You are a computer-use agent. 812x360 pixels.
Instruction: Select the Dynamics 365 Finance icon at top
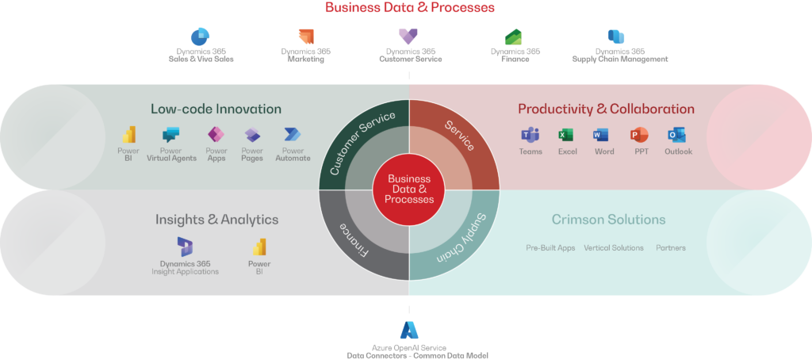[513, 36]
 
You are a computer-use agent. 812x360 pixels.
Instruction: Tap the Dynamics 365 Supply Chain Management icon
[616, 36]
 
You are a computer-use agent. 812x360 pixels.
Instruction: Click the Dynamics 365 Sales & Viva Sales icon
[199, 36]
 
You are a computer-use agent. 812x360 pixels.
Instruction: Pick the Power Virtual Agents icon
[171, 135]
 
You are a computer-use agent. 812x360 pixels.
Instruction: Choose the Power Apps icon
[216, 135]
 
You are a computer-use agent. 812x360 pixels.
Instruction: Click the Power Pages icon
[252, 135]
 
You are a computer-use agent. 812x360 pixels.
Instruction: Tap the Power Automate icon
[293, 135]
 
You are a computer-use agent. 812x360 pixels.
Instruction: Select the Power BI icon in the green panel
[128, 135]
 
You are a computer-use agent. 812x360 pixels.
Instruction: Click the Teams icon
[530, 135]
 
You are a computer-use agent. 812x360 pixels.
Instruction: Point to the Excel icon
[566, 135]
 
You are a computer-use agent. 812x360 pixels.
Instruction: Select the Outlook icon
[676, 135]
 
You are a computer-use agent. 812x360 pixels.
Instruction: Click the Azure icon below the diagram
[409, 330]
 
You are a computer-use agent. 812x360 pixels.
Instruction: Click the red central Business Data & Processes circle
[409, 190]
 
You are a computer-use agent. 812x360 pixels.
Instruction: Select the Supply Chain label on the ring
[461, 237]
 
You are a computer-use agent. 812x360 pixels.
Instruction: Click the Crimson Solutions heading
[608, 220]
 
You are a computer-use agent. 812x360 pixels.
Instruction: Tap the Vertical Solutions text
[614, 248]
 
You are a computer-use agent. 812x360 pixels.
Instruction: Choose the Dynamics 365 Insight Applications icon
[185, 246]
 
